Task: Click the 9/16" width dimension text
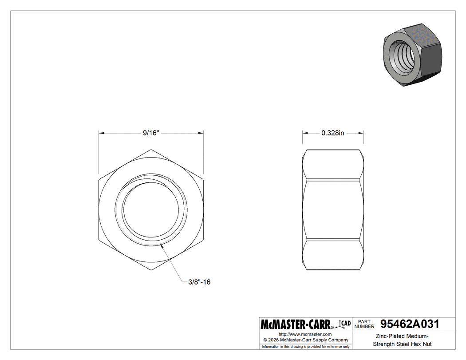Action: click(151, 133)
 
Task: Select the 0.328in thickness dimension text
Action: click(333, 133)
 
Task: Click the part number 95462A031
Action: click(410, 324)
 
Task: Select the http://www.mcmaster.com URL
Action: click(305, 334)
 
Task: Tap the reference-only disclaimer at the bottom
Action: click(306, 346)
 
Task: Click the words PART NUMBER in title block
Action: click(364, 324)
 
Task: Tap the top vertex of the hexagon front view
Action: click(151, 150)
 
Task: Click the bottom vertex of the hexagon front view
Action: click(151, 270)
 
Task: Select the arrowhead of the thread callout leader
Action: click(164, 245)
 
